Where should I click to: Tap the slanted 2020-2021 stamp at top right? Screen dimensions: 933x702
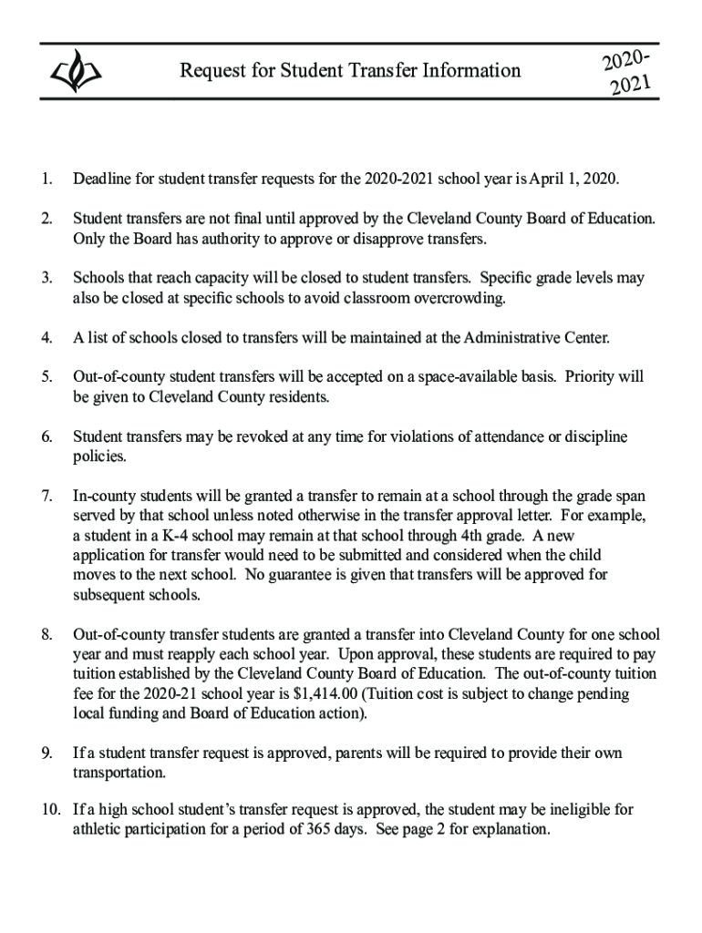click(x=627, y=74)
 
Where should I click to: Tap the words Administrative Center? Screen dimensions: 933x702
click(x=536, y=338)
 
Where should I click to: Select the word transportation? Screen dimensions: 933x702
click(x=119, y=774)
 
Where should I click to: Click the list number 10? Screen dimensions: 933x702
click(x=48, y=809)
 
